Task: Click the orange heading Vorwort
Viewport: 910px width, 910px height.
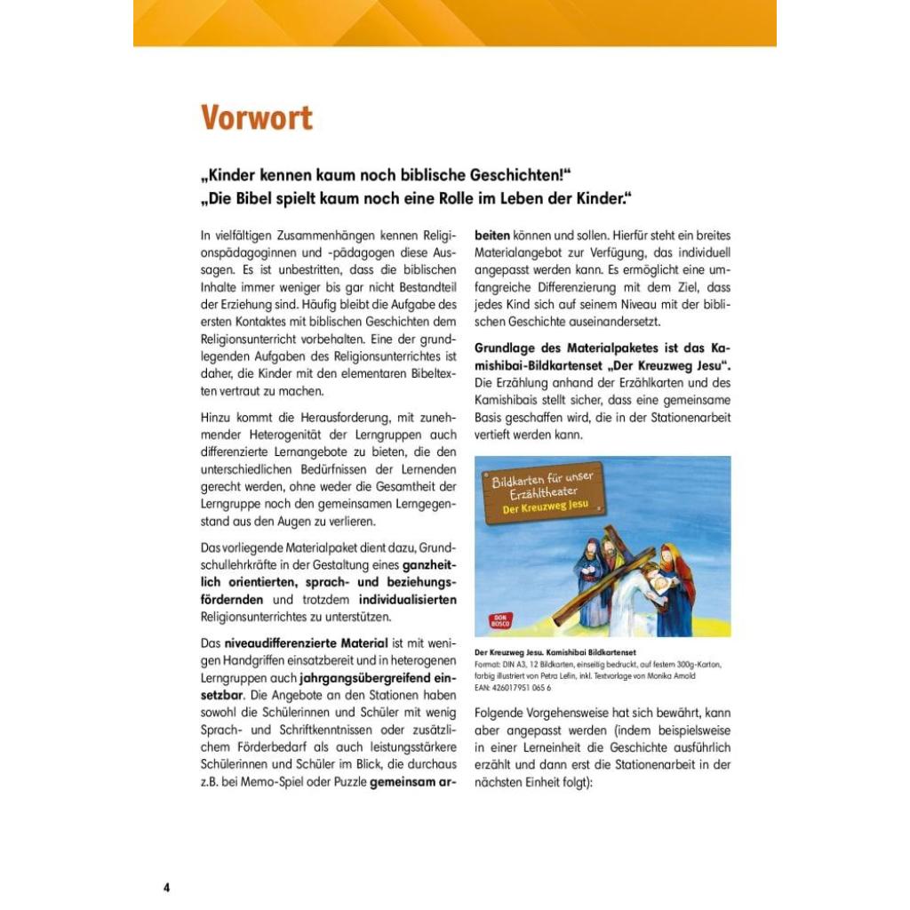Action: click(x=256, y=118)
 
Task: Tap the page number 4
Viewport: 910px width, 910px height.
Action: click(x=166, y=888)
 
